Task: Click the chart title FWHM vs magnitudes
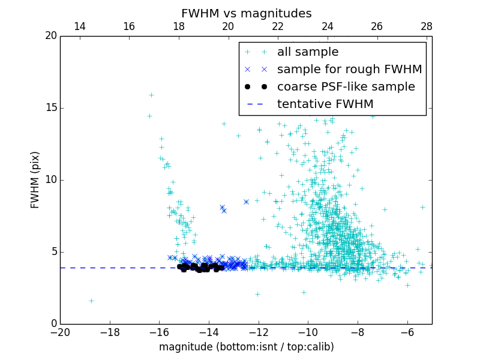tap(246, 13)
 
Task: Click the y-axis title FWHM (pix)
tap(35, 179)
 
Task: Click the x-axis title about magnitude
tap(246, 347)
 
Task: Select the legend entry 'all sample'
tap(307, 52)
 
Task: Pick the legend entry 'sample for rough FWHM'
tap(349, 70)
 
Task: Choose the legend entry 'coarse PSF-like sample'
tap(346, 87)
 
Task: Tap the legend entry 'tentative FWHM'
tap(325, 104)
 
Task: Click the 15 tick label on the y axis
tap(50, 108)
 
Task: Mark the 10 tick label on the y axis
tap(50, 180)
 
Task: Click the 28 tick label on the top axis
tap(427, 26)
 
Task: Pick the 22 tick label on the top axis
tap(278, 26)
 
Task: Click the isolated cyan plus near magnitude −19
tap(91, 301)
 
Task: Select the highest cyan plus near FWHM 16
tap(151, 95)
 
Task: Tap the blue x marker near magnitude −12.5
tap(246, 202)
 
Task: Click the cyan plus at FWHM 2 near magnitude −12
tap(257, 294)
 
